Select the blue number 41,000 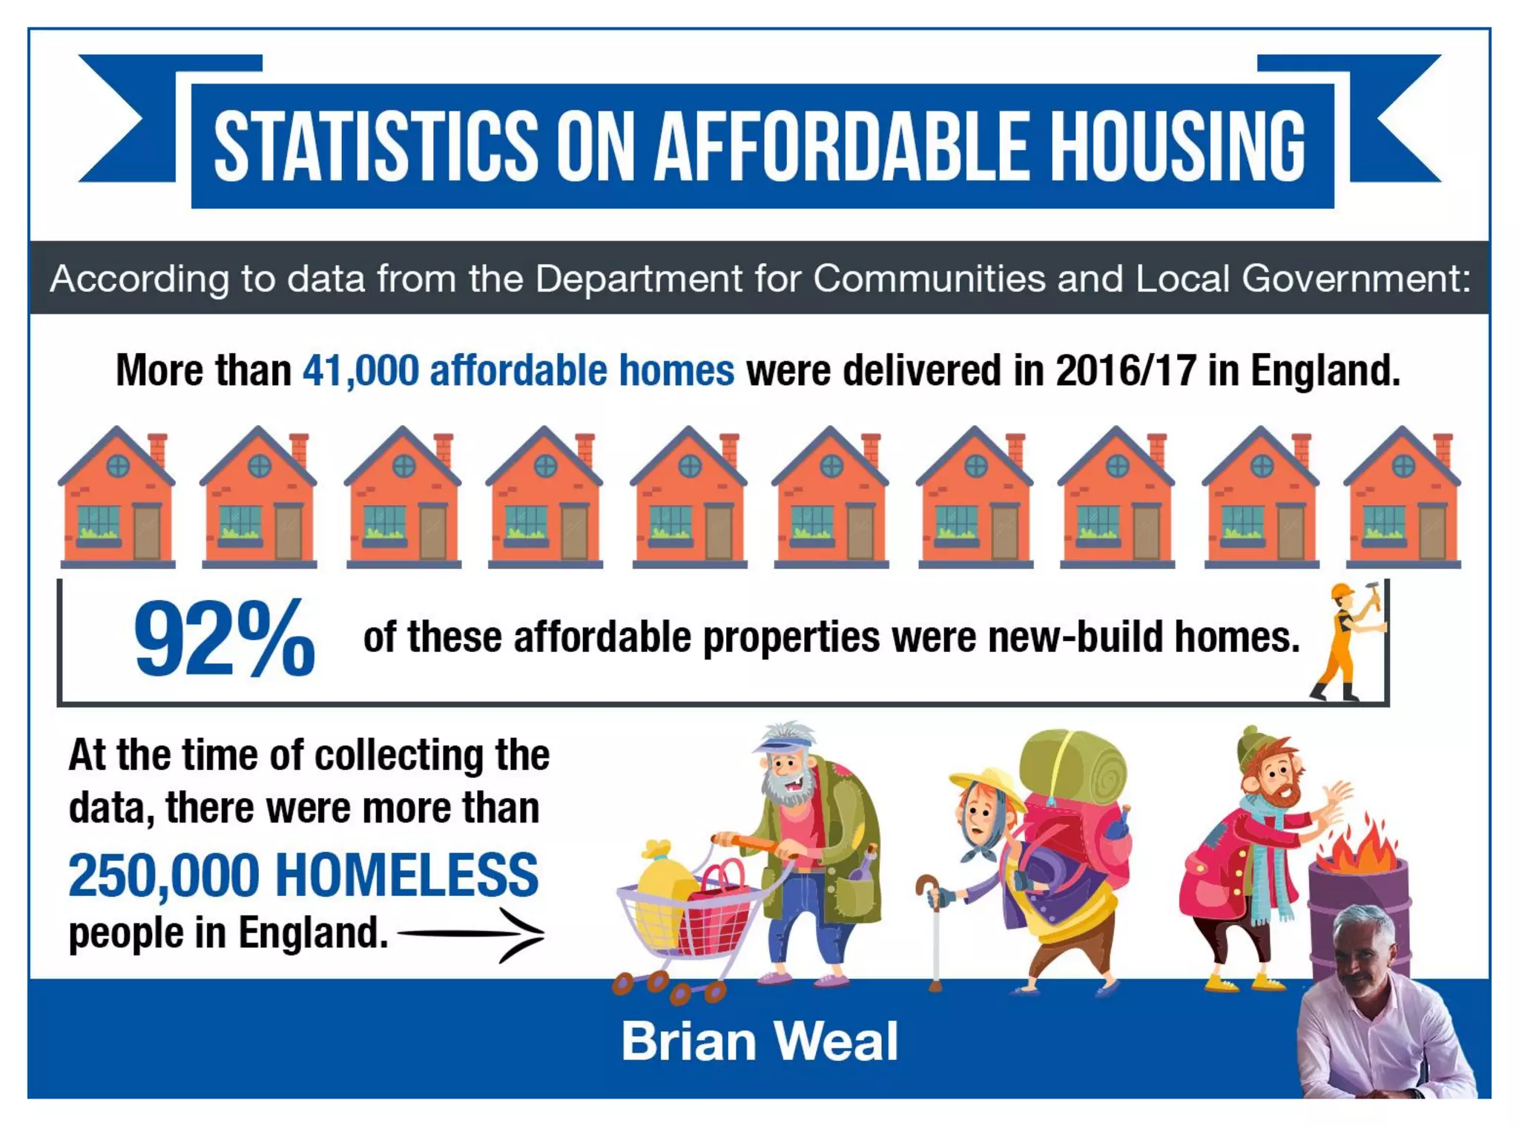pos(360,370)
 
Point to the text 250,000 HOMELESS pos(303,875)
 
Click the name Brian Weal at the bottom pos(759,1041)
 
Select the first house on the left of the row pos(117,497)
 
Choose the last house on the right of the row pos(1402,497)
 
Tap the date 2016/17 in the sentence pos(1125,370)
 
